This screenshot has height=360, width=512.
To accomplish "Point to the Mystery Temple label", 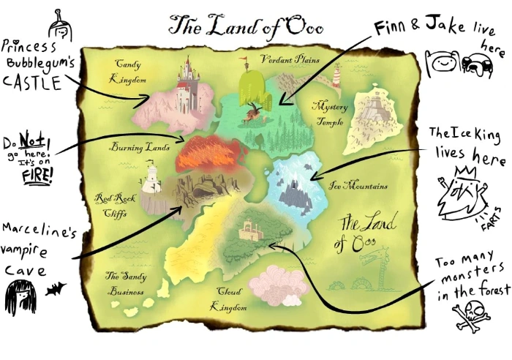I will coord(330,114).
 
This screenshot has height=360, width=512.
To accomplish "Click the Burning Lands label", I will coord(140,148).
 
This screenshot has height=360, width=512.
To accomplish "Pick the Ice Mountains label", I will coord(358,185).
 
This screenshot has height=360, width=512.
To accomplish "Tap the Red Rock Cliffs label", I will coord(113,204).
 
